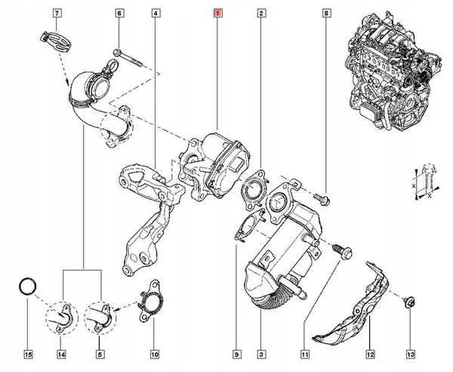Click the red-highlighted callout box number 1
tap(218, 14)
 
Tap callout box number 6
tap(119, 14)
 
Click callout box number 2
tap(260, 14)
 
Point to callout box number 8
tap(326, 14)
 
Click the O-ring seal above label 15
tap(28, 287)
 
